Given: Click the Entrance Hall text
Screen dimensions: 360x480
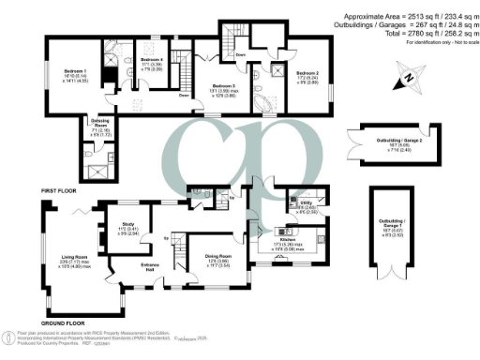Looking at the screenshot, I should click(x=152, y=268).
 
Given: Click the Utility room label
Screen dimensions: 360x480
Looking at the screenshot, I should click(x=305, y=202).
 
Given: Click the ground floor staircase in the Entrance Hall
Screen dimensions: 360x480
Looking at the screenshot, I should click(x=177, y=259).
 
